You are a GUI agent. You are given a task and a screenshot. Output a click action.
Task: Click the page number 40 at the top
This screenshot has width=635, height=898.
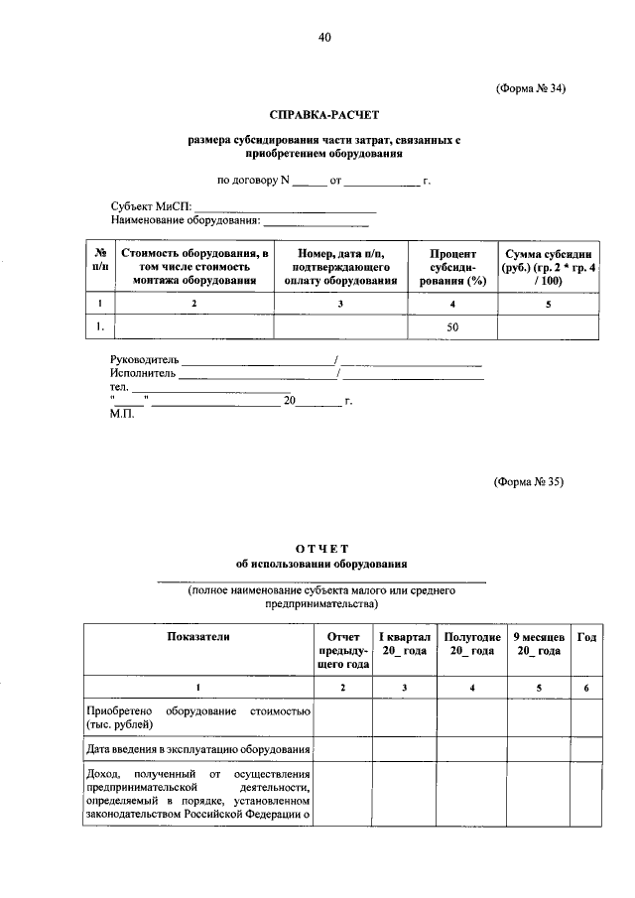click(324, 38)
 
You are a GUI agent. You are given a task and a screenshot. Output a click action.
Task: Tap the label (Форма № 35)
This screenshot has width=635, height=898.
click(529, 482)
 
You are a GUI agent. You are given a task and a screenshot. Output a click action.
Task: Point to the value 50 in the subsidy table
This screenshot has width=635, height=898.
click(452, 325)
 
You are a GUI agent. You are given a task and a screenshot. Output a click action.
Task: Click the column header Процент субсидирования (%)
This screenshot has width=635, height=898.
click(452, 268)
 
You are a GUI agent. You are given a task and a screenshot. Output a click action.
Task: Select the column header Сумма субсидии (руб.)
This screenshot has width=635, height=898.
click(550, 268)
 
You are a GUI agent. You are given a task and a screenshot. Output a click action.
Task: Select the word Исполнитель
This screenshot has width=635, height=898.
click(143, 375)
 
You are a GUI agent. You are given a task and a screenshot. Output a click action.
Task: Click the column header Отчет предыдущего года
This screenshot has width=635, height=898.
click(342, 650)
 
